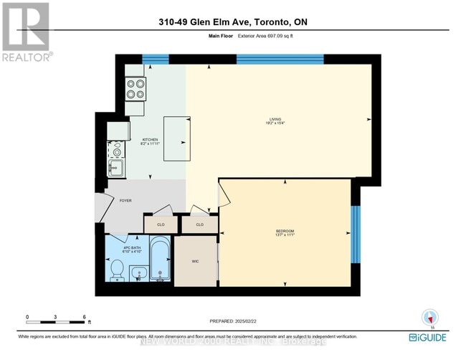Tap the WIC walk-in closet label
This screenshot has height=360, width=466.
coord(194,262)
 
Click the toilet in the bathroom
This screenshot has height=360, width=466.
coord(118,272)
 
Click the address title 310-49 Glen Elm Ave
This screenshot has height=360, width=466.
coord(232,22)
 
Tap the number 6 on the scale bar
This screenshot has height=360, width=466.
coord(85,316)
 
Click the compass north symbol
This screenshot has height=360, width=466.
coord(429,317)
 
